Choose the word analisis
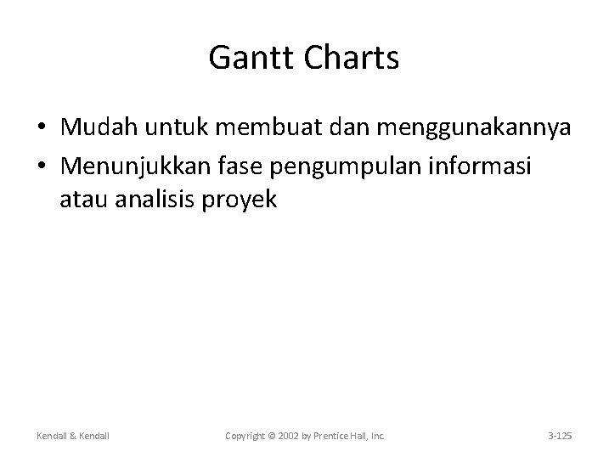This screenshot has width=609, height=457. tap(158, 202)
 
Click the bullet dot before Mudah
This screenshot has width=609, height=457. tap(42, 128)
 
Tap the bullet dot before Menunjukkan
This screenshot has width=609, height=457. tap(42, 166)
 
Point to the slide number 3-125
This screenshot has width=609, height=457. tap(560, 436)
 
